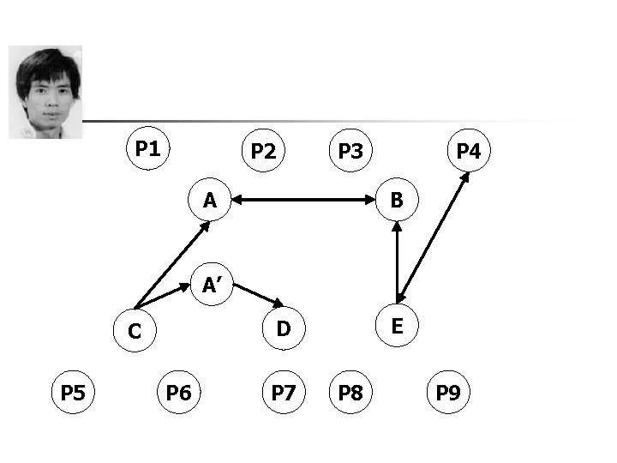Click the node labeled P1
(147, 149)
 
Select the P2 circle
(263, 152)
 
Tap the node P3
(350, 152)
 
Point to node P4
(468, 152)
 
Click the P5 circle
(73, 394)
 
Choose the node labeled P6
(178, 394)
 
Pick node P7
(283, 394)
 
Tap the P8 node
(350, 394)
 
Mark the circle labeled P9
(448, 394)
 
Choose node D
(284, 327)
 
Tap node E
(397, 326)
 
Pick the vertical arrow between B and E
(397, 263)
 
